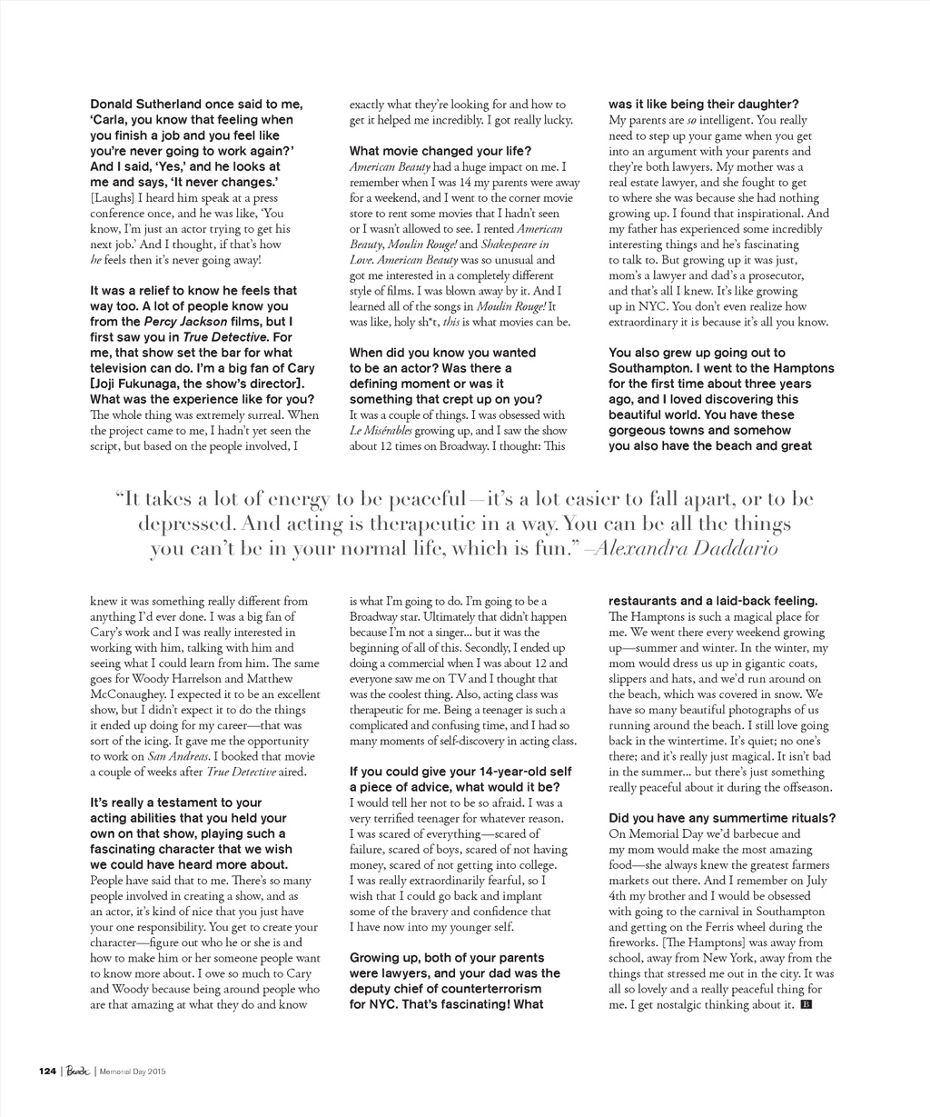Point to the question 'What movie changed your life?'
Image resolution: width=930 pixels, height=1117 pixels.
pos(440,151)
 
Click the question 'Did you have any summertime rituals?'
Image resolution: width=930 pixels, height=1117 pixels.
pos(722,818)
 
